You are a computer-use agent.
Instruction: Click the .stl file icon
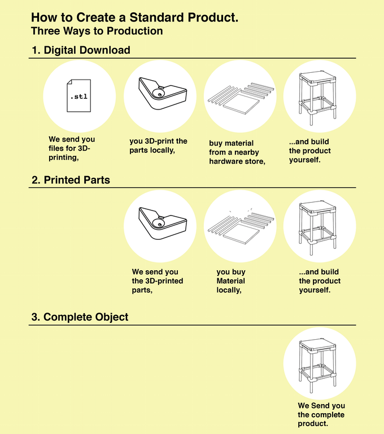(x=79, y=96)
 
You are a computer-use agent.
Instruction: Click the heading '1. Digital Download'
(x=81, y=50)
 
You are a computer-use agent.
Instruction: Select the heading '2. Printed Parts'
(x=71, y=180)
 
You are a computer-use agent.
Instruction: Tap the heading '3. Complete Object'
(x=80, y=317)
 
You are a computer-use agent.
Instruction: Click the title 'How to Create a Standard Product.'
(x=134, y=17)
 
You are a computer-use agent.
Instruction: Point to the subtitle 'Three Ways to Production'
(x=97, y=30)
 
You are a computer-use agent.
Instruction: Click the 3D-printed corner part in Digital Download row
(x=163, y=94)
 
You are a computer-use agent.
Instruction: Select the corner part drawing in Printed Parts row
(x=163, y=223)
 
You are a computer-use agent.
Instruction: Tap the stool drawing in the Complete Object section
(x=318, y=365)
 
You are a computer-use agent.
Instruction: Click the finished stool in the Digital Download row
(x=318, y=98)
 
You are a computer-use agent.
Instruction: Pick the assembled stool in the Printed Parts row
(x=318, y=228)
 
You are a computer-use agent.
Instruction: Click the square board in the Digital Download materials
(x=241, y=104)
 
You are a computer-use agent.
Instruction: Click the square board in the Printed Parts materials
(x=241, y=234)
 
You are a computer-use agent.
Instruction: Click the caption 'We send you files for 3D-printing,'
(x=72, y=148)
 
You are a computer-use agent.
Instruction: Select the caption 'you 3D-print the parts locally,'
(x=158, y=146)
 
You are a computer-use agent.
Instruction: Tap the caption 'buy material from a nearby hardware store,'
(x=237, y=152)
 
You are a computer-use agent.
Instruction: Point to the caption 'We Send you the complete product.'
(x=321, y=414)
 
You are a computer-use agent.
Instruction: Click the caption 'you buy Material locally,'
(x=231, y=280)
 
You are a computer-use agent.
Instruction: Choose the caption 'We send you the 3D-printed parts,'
(x=158, y=280)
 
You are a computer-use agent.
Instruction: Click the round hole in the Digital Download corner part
(x=160, y=94)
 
